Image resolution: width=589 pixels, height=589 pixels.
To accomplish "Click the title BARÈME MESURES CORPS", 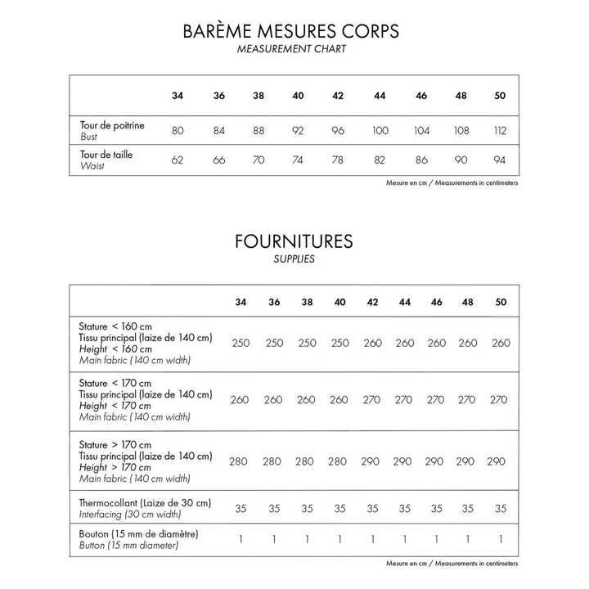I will pyautogui.click(x=292, y=32).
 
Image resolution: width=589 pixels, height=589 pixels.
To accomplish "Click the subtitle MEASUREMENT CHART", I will pyautogui.click(x=292, y=50).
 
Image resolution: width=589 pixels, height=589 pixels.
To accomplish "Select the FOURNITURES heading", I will pyautogui.click(x=292, y=241).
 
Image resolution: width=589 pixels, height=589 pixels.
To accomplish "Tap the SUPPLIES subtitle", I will pyautogui.click(x=292, y=259).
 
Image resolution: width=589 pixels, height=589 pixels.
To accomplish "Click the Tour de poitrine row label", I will pyautogui.click(x=113, y=125).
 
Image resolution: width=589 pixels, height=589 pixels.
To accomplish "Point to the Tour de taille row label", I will pyautogui.click(x=107, y=154).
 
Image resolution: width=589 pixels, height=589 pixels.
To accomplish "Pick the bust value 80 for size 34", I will pyautogui.click(x=178, y=130).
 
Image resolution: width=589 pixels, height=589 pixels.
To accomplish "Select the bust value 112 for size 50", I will pyautogui.click(x=501, y=130).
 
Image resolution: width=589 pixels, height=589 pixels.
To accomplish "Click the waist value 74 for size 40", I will pyautogui.click(x=298, y=160).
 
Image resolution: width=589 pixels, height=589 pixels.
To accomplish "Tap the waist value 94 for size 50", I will pyautogui.click(x=501, y=160).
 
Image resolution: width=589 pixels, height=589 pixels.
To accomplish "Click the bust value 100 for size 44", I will pyautogui.click(x=380, y=130).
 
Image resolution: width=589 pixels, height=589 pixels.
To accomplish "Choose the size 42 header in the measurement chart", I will pyautogui.click(x=338, y=96).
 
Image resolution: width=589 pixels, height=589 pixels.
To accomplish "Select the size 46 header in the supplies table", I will pyautogui.click(x=436, y=302).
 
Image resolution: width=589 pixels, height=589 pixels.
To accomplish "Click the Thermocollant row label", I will pyautogui.click(x=146, y=502).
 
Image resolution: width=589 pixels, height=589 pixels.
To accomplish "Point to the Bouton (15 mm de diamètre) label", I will pyautogui.click(x=140, y=534).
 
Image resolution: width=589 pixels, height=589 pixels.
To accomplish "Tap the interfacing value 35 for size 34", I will pyautogui.click(x=241, y=508).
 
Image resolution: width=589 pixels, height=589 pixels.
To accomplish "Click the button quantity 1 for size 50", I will pyautogui.click(x=501, y=540).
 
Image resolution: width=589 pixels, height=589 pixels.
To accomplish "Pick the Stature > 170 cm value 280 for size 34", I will pyautogui.click(x=238, y=461).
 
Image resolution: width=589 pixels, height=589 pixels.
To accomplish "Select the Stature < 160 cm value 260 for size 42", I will pyautogui.click(x=372, y=343).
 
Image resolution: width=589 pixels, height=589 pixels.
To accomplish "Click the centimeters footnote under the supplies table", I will pyautogui.click(x=452, y=564).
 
